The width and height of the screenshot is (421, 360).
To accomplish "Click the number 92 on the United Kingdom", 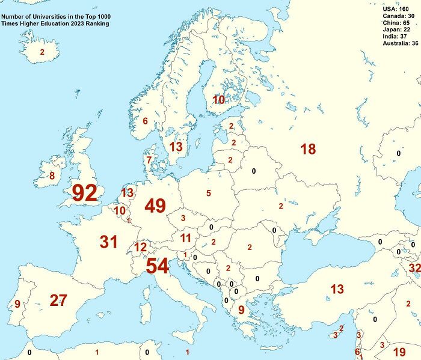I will pyautogui.click(x=84, y=193).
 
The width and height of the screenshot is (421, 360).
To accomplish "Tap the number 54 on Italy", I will pyautogui.click(x=157, y=266).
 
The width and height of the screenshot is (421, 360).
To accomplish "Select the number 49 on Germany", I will pyautogui.click(x=155, y=206).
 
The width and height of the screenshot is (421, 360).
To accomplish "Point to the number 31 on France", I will pyautogui.click(x=108, y=242).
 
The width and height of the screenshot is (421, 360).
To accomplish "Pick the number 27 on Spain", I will pyautogui.click(x=58, y=301).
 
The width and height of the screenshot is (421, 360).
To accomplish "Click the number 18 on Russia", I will pyautogui.click(x=308, y=149).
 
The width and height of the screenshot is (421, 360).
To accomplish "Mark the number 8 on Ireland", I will pyautogui.click(x=52, y=176).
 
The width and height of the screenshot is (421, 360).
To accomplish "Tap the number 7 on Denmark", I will pyautogui.click(x=149, y=160).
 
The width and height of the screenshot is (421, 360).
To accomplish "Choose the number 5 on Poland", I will pyautogui.click(x=209, y=193).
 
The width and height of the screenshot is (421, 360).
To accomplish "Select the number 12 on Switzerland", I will pyautogui.click(x=140, y=247).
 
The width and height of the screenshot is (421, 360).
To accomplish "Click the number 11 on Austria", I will pyautogui.click(x=186, y=238).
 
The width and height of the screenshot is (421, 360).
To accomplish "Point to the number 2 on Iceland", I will pyautogui.click(x=42, y=52).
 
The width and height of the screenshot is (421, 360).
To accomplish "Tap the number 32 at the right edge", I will pyautogui.click(x=414, y=267).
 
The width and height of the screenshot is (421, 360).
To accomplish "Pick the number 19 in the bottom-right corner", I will pyautogui.click(x=399, y=352).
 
